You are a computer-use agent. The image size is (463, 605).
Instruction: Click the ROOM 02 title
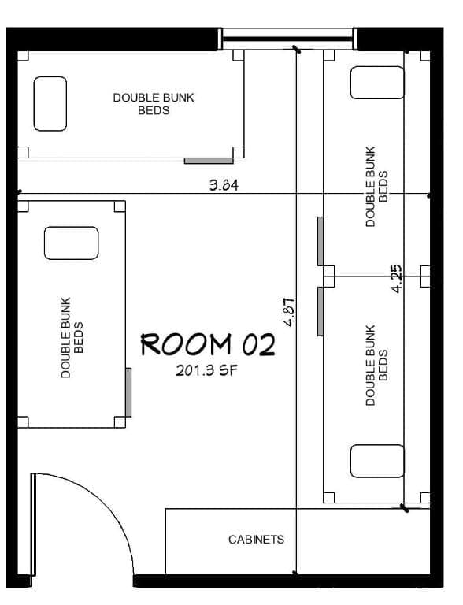208,344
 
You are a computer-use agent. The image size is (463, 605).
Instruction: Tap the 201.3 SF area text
207,371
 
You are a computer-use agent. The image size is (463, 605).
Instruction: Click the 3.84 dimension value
224,185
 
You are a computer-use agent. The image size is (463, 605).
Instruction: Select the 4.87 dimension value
289,312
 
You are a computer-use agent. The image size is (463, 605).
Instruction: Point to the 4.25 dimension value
396,278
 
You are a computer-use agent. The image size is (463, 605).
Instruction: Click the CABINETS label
256,540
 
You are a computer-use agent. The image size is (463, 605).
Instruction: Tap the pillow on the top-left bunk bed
50,104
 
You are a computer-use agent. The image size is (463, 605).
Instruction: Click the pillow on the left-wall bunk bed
72,243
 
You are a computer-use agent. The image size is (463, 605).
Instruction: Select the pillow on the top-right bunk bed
377,83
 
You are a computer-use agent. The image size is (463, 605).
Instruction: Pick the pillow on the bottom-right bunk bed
377,461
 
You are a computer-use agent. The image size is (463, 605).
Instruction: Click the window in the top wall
288,39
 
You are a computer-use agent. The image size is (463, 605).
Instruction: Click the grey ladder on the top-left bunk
209,161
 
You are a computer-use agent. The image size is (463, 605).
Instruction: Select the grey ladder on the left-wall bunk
128,392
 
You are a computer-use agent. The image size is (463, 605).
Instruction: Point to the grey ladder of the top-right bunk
320,241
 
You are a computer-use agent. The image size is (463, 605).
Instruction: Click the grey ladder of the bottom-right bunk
320,311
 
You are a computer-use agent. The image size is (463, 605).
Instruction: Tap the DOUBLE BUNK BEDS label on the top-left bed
154,104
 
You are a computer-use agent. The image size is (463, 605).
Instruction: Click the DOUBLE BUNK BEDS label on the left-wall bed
72,338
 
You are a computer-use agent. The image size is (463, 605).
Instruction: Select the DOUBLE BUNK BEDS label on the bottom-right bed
376,366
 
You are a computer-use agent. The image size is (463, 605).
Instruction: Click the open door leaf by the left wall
33,525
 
